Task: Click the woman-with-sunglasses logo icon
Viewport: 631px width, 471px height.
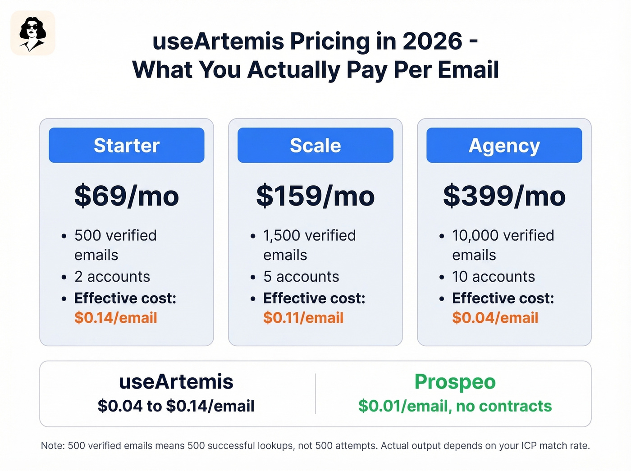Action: coord(32,33)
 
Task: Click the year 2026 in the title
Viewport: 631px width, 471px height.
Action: coord(432,41)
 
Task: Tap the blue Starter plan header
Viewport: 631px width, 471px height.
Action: coord(127,145)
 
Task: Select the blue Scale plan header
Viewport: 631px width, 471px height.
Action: coord(315,145)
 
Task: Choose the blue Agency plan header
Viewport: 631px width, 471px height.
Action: coord(504,145)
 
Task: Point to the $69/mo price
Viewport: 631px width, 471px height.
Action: coord(127,196)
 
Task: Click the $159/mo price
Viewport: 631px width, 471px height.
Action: coord(315,196)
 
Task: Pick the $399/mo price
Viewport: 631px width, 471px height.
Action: coord(504,196)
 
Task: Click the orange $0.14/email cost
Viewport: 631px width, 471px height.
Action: coord(116,318)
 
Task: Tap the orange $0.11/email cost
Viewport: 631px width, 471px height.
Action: coord(303,318)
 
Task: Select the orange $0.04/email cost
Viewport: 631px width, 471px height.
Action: coord(495,318)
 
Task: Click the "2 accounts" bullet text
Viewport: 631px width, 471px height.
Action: coord(112,276)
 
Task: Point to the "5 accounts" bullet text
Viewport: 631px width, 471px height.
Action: coord(301,276)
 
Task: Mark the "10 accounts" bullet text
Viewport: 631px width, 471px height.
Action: coord(494,276)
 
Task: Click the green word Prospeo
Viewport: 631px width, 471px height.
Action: coord(455,382)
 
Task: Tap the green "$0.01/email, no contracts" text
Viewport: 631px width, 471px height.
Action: coord(455,406)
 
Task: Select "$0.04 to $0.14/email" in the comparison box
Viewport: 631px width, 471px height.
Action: coord(176,406)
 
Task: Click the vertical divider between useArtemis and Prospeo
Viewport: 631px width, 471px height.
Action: coord(315,393)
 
